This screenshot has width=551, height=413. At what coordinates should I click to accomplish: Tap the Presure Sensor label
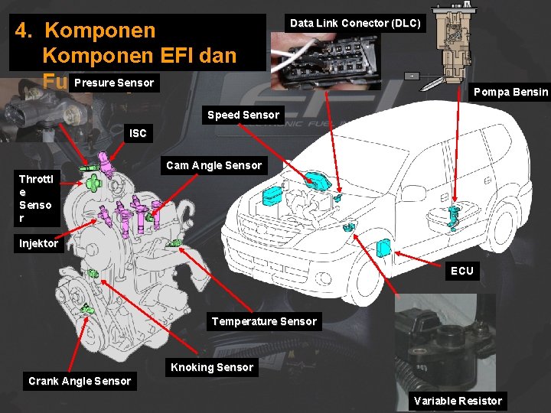[x=114, y=83]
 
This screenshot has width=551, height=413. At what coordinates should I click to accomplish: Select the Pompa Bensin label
[x=510, y=92]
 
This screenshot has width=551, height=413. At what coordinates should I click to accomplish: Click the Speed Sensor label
[x=243, y=115]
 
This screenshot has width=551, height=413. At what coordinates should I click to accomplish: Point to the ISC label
[x=138, y=133]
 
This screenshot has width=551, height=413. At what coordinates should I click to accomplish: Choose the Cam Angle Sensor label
[x=214, y=165]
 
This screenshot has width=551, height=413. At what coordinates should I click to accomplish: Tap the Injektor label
[x=39, y=244]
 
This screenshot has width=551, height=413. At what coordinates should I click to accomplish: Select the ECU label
[x=461, y=271]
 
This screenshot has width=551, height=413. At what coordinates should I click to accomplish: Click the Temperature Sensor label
[x=264, y=321]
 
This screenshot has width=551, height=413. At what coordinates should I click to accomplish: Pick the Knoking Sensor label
[x=211, y=367]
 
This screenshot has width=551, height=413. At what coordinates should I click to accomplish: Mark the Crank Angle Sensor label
[x=80, y=381]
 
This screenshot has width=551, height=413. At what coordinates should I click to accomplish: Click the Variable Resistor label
[x=458, y=401]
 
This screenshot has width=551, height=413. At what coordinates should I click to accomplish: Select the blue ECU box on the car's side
[x=384, y=249]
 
